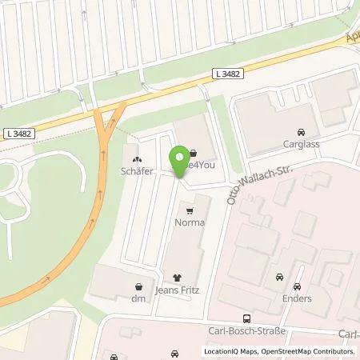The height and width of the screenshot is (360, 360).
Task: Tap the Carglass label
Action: (x=300, y=146)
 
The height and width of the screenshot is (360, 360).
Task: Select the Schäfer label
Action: (x=135, y=170)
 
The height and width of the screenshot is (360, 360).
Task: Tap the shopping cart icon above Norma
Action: (x=190, y=211)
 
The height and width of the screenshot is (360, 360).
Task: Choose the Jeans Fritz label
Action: (x=188, y=291)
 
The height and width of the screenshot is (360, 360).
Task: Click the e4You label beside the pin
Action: (x=198, y=164)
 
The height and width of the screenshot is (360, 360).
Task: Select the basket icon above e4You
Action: (x=194, y=152)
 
